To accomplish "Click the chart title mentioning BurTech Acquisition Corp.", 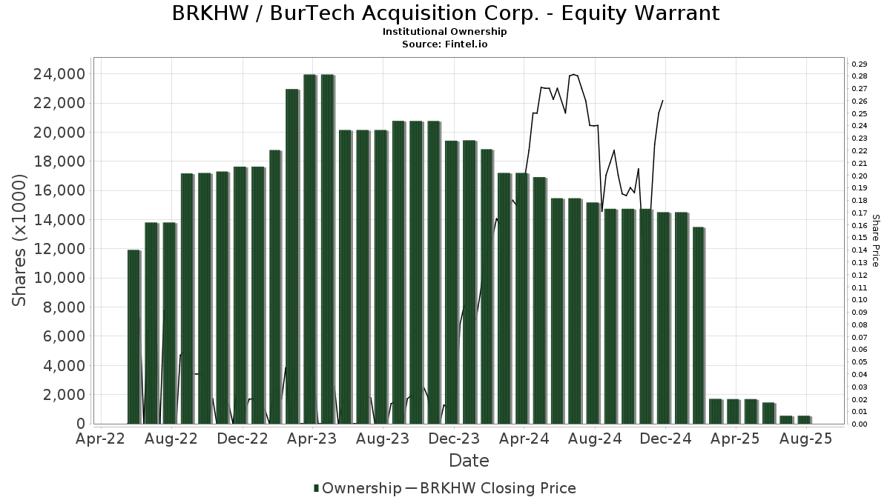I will coord(445,13).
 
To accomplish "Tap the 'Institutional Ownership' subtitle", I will coord(445,32).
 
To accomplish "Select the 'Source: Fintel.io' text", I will coord(445,44).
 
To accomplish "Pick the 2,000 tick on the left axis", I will coord(63,395).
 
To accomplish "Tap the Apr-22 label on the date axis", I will coord(102,439).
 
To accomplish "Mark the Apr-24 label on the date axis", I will coord(524,439).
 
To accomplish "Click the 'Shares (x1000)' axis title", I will coord(21,241).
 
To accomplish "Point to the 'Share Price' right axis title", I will coord(875,241).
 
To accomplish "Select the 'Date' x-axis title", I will coord(469,461).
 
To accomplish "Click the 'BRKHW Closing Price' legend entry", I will coord(498,488).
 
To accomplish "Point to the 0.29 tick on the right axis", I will coord(859,64).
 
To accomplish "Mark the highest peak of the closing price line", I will coord(574,74).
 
